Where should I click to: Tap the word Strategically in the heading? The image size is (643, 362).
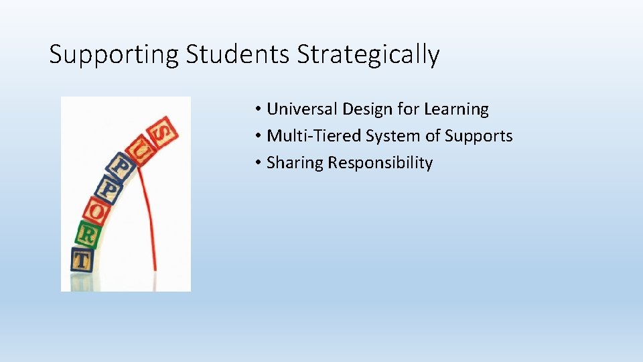[x=368, y=54]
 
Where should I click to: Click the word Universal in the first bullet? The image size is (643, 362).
[x=302, y=109]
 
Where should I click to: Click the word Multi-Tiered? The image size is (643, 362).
[x=314, y=136]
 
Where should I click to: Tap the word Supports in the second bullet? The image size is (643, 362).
[x=479, y=136]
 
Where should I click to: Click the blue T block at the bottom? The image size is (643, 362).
[x=82, y=259]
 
